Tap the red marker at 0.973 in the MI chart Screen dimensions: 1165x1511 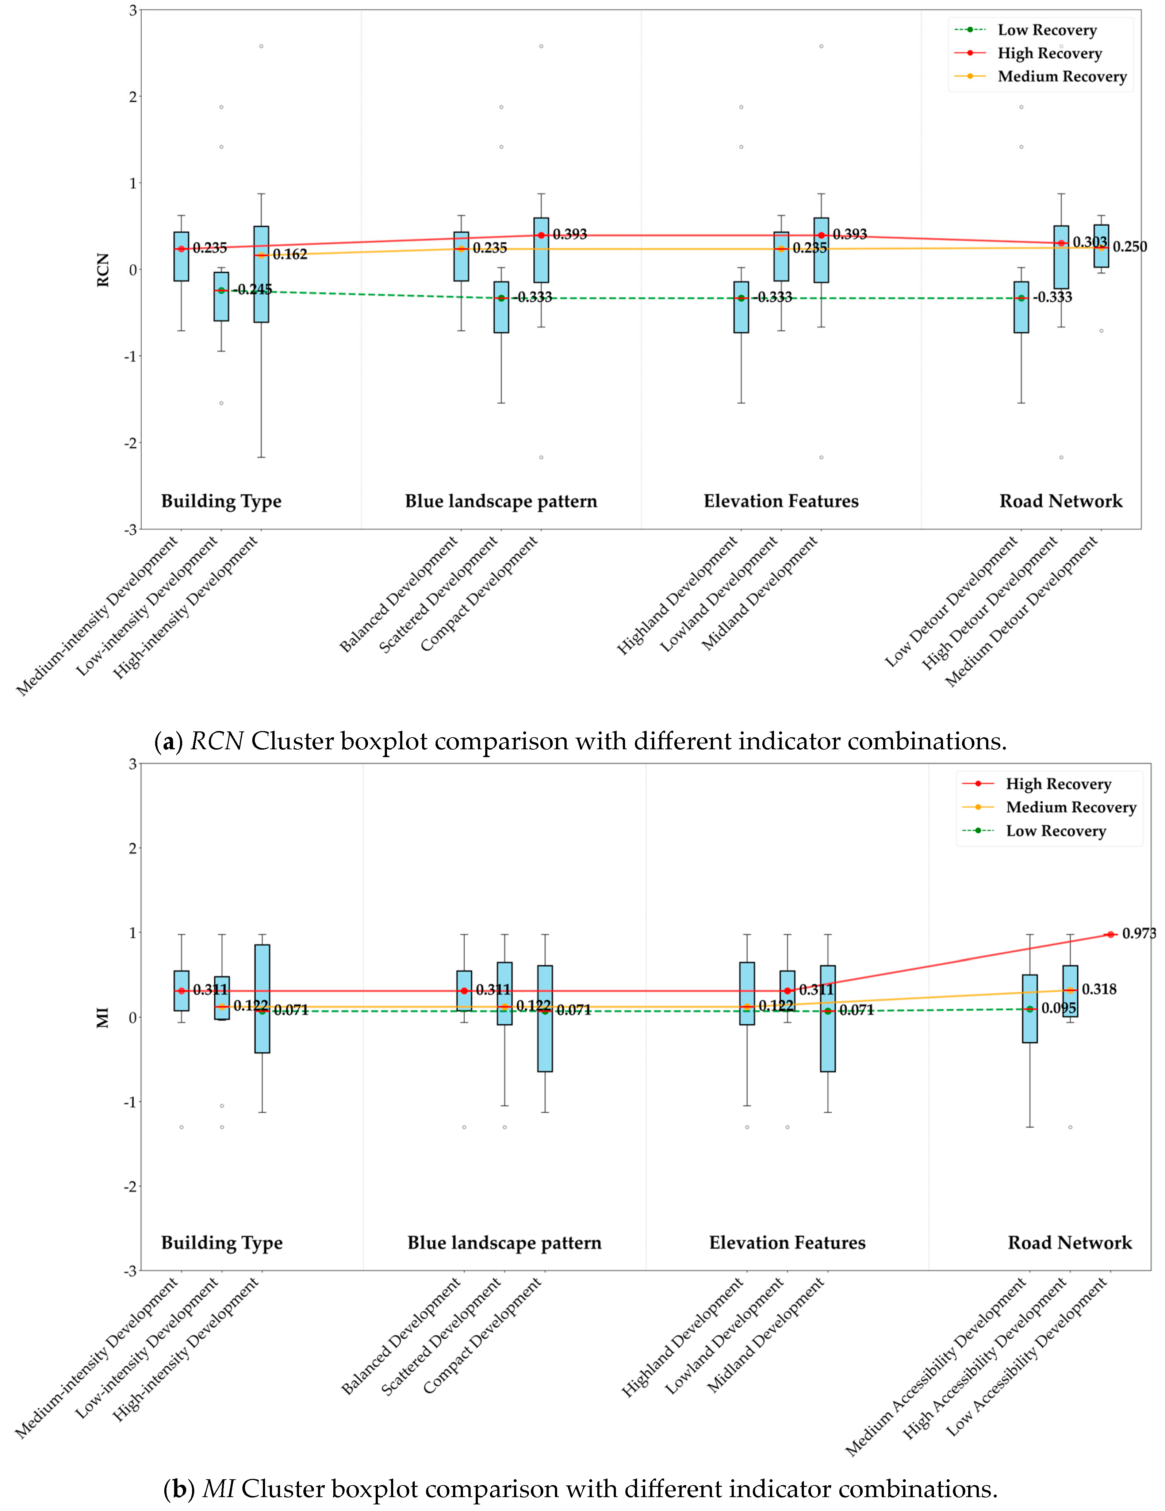point(1110,935)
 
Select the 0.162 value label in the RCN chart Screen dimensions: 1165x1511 point(290,255)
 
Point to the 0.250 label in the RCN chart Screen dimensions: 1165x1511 point(1130,247)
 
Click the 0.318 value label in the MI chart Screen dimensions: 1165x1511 point(1099,989)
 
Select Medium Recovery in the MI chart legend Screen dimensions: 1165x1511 point(1071,807)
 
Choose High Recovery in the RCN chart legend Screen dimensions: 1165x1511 point(1050,53)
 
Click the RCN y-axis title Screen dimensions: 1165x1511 point(103,270)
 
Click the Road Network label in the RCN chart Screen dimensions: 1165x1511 point(1061,501)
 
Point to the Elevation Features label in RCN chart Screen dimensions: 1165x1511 point(781,501)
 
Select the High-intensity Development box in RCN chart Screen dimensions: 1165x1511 point(261,274)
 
